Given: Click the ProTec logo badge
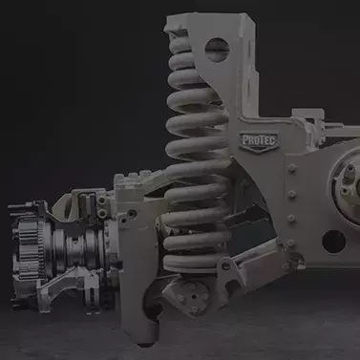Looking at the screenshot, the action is [259, 142].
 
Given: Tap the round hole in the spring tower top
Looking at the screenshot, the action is [218, 50].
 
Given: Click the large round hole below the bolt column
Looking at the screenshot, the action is [333, 242].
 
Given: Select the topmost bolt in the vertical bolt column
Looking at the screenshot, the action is [291, 168].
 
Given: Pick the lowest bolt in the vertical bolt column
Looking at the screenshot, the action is [291, 244].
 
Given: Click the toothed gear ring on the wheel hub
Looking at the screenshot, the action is [30, 247].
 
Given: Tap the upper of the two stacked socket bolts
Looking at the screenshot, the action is [102, 201].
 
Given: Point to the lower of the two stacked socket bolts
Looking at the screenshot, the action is [102, 212].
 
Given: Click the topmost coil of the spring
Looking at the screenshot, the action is [182, 44].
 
